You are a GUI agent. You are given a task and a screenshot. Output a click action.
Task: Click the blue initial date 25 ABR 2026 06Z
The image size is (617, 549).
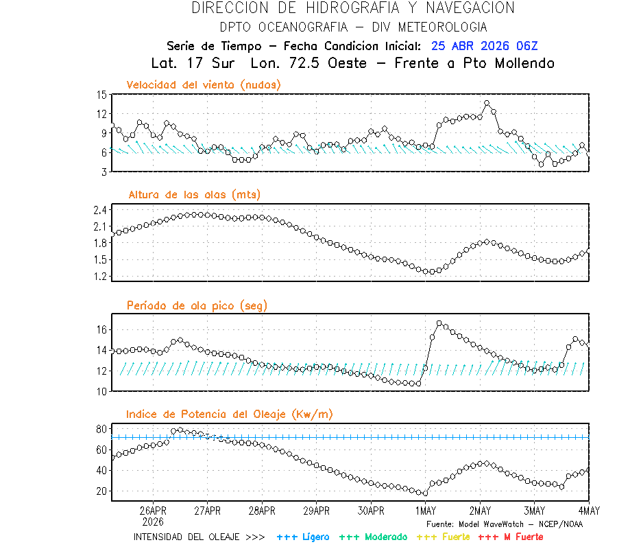(485, 46)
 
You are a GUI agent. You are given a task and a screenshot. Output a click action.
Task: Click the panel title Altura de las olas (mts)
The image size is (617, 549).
(194, 195)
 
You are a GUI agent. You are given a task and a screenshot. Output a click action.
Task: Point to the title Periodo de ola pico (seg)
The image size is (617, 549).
(197, 305)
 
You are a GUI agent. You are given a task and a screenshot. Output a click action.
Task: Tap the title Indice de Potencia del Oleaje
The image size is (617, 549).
(229, 414)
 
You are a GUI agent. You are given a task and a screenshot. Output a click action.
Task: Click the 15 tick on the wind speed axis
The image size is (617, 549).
(101, 95)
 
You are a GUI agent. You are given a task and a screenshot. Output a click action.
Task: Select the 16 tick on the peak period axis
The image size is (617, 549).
(101, 330)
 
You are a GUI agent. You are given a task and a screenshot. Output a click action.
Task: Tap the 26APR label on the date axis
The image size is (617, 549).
(153, 511)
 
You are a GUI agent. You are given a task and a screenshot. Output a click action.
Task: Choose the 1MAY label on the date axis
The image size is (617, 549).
(425, 511)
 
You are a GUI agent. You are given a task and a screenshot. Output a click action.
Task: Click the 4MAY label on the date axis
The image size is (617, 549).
(588, 511)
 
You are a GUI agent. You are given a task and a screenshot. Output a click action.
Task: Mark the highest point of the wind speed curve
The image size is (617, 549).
(487, 104)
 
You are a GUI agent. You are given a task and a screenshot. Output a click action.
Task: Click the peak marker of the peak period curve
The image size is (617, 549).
(439, 323)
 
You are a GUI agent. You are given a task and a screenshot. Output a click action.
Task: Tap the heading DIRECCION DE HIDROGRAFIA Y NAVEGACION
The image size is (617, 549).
(353, 8)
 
